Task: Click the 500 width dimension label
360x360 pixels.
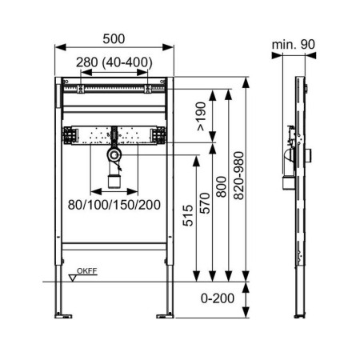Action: [x=114, y=39]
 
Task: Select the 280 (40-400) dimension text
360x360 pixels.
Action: [x=114, y=62]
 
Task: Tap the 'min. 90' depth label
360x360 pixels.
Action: [x=294, y=45]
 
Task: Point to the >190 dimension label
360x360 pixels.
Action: [x=202, y=116]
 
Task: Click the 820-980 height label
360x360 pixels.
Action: [x=238, y=175]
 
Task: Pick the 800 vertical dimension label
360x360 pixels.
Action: [x=221, y=186]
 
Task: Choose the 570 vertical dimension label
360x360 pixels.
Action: [x=205, y=203]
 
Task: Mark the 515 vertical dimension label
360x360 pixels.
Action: [x=188, y=215]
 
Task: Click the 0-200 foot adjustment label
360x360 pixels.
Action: [x=218, y=298]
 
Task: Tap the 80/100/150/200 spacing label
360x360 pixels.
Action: [x=114, y=205]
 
